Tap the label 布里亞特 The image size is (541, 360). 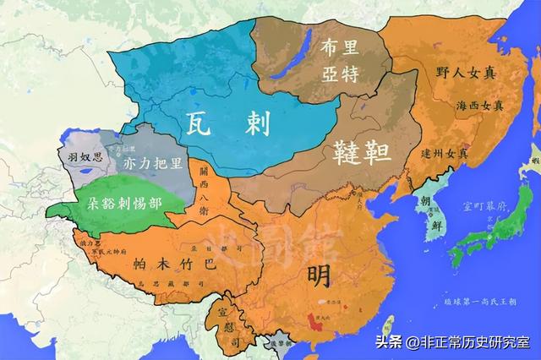340,61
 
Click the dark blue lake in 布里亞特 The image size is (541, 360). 302,46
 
